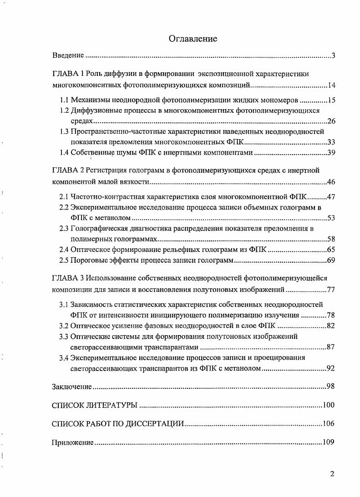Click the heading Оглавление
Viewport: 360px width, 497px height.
point(193,39)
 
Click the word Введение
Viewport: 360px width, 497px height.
point(68,55)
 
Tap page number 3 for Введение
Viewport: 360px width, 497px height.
point(333,56)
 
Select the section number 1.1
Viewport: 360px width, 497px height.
point(65,100)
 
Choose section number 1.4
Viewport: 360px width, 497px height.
point(65,152)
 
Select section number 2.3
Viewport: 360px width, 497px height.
point(65,228)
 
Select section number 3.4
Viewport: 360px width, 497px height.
point(65,357)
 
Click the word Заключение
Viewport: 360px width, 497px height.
point(72,387)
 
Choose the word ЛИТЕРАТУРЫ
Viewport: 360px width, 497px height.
point(113,405)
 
